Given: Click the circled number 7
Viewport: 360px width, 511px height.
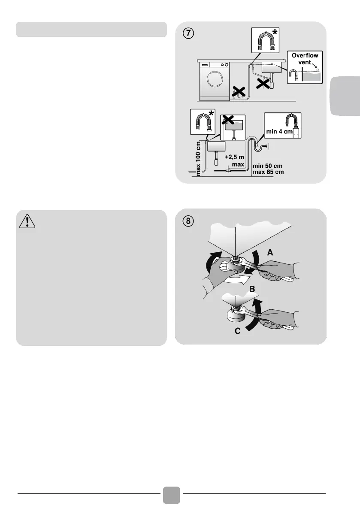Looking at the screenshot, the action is point(188,33).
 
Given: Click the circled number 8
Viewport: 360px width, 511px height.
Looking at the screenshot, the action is point(188,221).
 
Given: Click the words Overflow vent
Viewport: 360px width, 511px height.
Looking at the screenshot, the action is point(305,59).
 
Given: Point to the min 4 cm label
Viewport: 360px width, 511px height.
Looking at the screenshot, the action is point(279,132).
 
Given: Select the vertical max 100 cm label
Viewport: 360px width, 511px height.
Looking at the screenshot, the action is point(198,158).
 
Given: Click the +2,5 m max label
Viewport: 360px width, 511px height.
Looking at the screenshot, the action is point(235,160).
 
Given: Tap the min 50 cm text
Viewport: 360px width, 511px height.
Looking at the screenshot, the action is point(267,166).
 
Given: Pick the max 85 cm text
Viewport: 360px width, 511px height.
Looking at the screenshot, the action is point(268,172).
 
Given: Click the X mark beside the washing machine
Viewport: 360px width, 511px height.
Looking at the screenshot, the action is point(239,91).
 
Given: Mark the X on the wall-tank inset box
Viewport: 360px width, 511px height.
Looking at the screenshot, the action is point(228,120).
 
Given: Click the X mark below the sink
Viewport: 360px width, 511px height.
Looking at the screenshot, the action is point(263,83).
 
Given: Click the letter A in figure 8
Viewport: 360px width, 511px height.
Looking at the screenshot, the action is point(270,252).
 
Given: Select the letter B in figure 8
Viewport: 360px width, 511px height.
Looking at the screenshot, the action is point(252,289).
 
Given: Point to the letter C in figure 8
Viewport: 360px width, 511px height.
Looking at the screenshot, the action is point(238,331).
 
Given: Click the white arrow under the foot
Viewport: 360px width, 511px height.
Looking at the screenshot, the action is point(235,280).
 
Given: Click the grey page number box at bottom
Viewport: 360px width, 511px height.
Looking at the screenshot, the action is point(171,495).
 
